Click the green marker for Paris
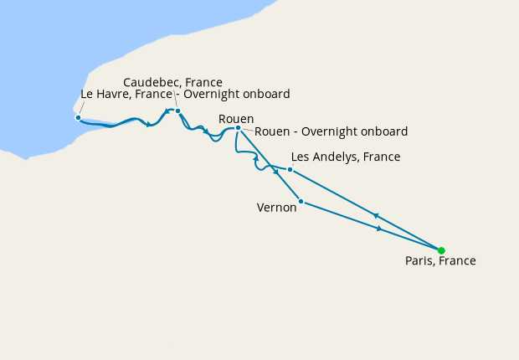(441, 250)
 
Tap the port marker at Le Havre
(78, 117)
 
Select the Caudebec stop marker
(178, 111)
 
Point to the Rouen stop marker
(239, 128)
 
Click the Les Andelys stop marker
(290, 170)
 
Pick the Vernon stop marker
(301, 201)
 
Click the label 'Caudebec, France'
(172, 82)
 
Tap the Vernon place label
(276, 208)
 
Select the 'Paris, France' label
(440, 261)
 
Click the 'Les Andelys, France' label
(345, 157)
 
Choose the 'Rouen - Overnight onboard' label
(331, 131)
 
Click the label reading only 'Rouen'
(235, 119)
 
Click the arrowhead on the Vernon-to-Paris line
(380, 228)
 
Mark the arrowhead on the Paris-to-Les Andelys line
(376, 214)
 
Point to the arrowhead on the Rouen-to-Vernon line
(275, 172)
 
